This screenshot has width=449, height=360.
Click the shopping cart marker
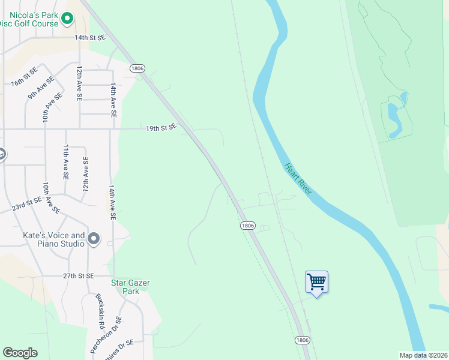[x=316, y=281]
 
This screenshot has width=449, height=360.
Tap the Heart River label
[x=298, y=179]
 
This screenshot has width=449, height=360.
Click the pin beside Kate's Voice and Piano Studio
[x=94, y=239]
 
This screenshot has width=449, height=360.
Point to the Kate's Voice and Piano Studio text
[x=53, y=239]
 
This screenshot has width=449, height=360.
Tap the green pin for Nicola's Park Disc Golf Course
[x=67, y=20]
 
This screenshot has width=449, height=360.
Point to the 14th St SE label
[x=90, y=37]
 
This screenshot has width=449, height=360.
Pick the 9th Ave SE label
[x=41, y=86]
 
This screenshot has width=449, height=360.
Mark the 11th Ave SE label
[x=66, y=161]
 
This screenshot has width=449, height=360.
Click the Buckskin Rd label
[x=100, y=311]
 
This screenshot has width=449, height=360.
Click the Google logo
[x=20, y=353]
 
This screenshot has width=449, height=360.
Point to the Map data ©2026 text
[x=423, y=355]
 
